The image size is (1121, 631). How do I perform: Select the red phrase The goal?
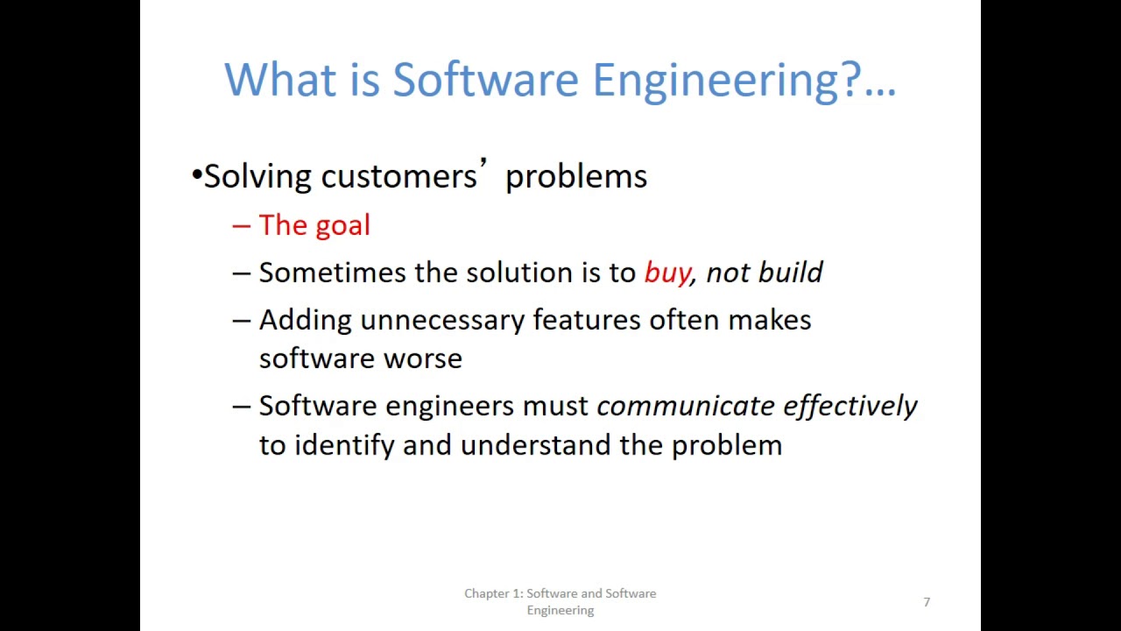[x=314, y=225]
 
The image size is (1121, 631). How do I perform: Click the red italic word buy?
[x=667, y=273]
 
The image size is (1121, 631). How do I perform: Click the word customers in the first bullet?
[x=398, y=176]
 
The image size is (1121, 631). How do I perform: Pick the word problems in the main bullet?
[x=576, y=177]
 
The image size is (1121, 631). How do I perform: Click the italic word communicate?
[x=685, y=406]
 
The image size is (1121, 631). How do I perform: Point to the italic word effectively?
[x=850, y=406]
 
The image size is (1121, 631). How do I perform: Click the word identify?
[x=344, y=445]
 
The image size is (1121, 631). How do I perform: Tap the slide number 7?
[x=927, y=602]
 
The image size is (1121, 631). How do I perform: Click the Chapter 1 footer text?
[x=560, y=601]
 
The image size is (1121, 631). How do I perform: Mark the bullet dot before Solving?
[x=196, y=174]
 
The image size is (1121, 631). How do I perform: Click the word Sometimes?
[x=333, y=273]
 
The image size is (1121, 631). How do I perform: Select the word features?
[x=587, y=320]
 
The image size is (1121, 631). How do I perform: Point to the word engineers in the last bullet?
[x=449, y=407]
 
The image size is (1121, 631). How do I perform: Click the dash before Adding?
[x=241, y=321]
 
